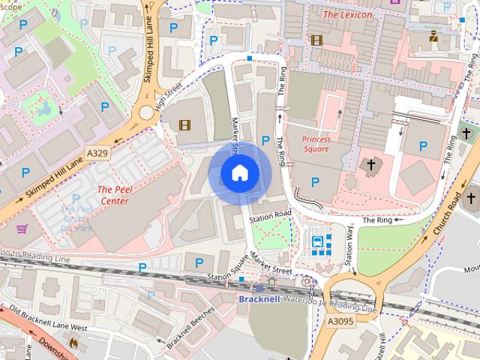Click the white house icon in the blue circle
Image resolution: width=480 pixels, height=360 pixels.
pos(239,173)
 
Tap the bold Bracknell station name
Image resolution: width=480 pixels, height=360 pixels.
pos(258,299)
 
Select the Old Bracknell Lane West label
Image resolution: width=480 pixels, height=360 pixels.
pos(49,319)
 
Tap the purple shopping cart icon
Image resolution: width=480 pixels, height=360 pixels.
pos(22,229)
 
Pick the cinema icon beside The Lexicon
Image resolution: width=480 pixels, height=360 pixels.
pos(316,40)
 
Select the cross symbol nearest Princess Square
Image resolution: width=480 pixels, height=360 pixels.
pos(370,163)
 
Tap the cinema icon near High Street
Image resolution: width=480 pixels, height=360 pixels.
pos(184,125)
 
